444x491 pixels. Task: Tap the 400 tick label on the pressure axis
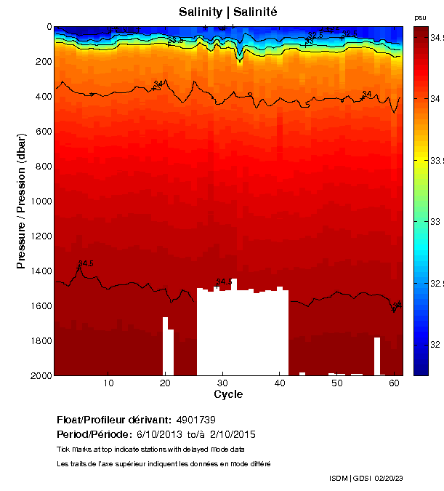click(41, 97)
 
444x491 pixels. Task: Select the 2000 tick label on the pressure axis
click(39, 375)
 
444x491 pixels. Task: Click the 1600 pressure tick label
click(39, 306)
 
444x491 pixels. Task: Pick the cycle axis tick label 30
click(222, 383)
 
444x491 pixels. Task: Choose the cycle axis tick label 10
click(108, 383)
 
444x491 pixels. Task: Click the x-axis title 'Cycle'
click(228, 395)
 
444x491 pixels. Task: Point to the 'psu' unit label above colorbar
click(420, 17)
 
